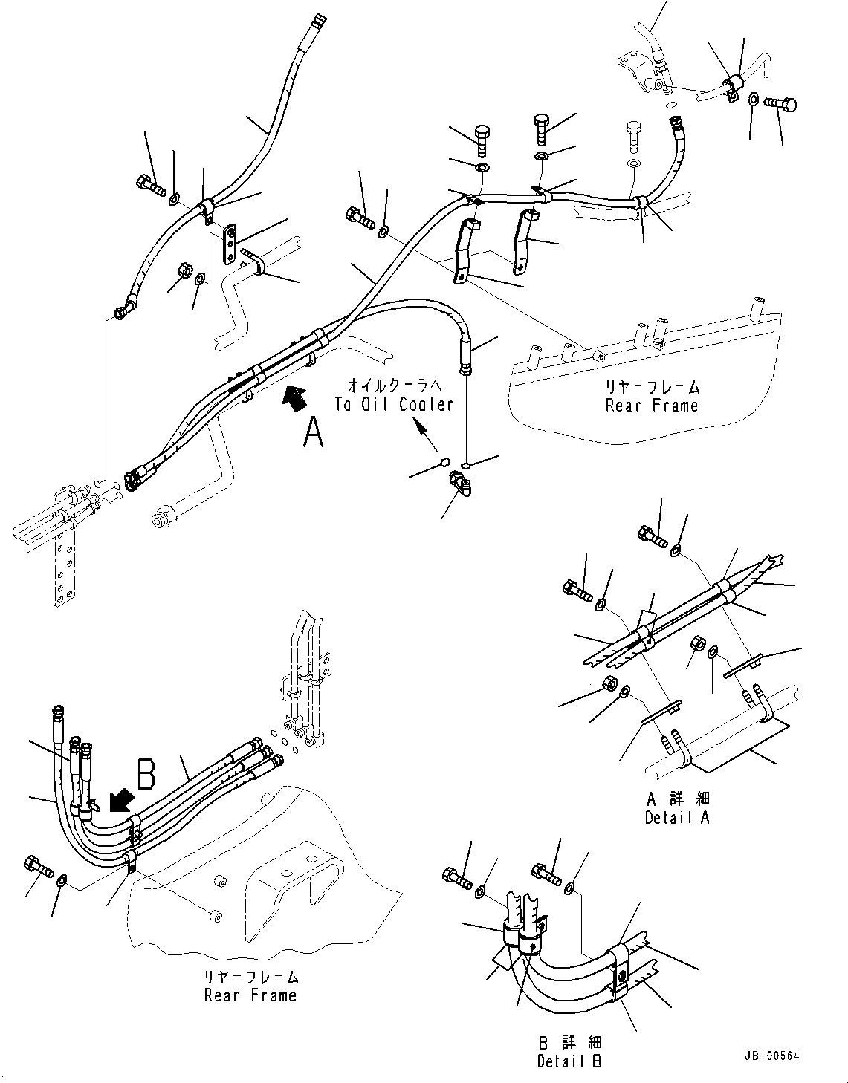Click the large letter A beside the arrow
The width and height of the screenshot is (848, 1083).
[x=313, y=432]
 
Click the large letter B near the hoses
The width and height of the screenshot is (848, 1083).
[x=146, y=772]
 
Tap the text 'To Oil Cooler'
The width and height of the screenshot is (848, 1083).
[x=393, y=404]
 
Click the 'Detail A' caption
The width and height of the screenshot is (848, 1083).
[x=677, y=817]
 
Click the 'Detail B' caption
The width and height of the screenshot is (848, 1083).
[x=569, y=1061]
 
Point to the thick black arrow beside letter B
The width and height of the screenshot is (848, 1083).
[x=120, y=801]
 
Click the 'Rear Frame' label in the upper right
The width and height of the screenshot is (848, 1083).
[x=652, y=406]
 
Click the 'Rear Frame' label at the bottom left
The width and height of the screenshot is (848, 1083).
[x=250, y=995]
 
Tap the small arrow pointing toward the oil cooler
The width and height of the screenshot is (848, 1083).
[x=421, y=432]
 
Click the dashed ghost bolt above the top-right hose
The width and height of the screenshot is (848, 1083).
[x=633, y=135]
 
